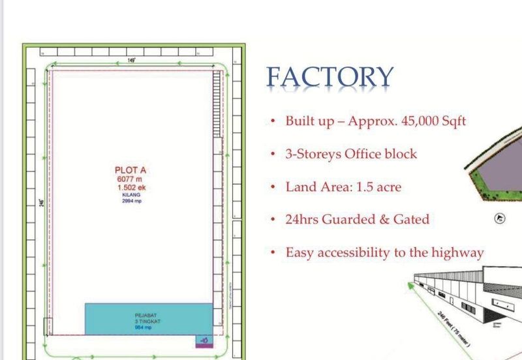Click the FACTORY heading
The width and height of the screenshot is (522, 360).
coord(330,78)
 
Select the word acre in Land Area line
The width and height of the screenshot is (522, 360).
coord(386,187)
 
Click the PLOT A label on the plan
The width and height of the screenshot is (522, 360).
coord(130,170)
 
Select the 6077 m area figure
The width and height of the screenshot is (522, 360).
coord(129,178)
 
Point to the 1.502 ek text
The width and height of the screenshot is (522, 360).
coord(131,187)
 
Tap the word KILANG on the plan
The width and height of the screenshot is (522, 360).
coord(131,194)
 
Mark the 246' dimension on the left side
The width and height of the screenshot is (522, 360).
coord(40,202)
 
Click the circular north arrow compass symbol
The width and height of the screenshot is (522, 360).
coord(501,219)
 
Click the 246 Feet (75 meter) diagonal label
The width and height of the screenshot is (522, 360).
coord(456,326)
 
